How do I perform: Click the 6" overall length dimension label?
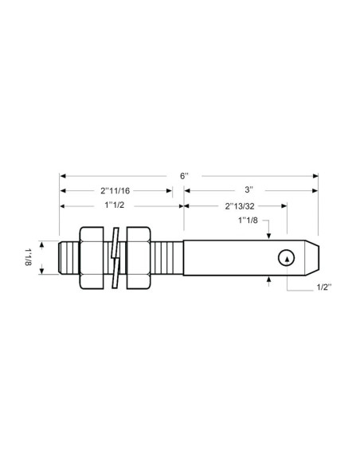185,175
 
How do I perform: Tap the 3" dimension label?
249,190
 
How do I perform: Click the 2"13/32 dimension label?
234,205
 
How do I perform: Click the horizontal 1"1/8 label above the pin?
248,221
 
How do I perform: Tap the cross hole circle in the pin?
287,256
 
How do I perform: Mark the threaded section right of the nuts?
167,256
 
